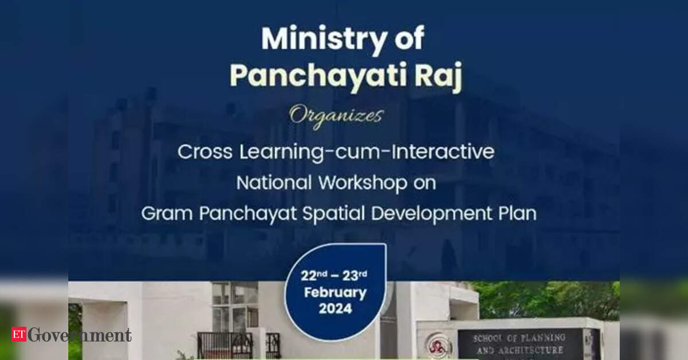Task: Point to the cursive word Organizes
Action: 336,115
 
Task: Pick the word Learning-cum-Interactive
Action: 364,152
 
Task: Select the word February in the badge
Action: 335,292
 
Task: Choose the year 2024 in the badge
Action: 335,308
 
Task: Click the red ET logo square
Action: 19,335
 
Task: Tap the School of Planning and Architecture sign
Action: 519,343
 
